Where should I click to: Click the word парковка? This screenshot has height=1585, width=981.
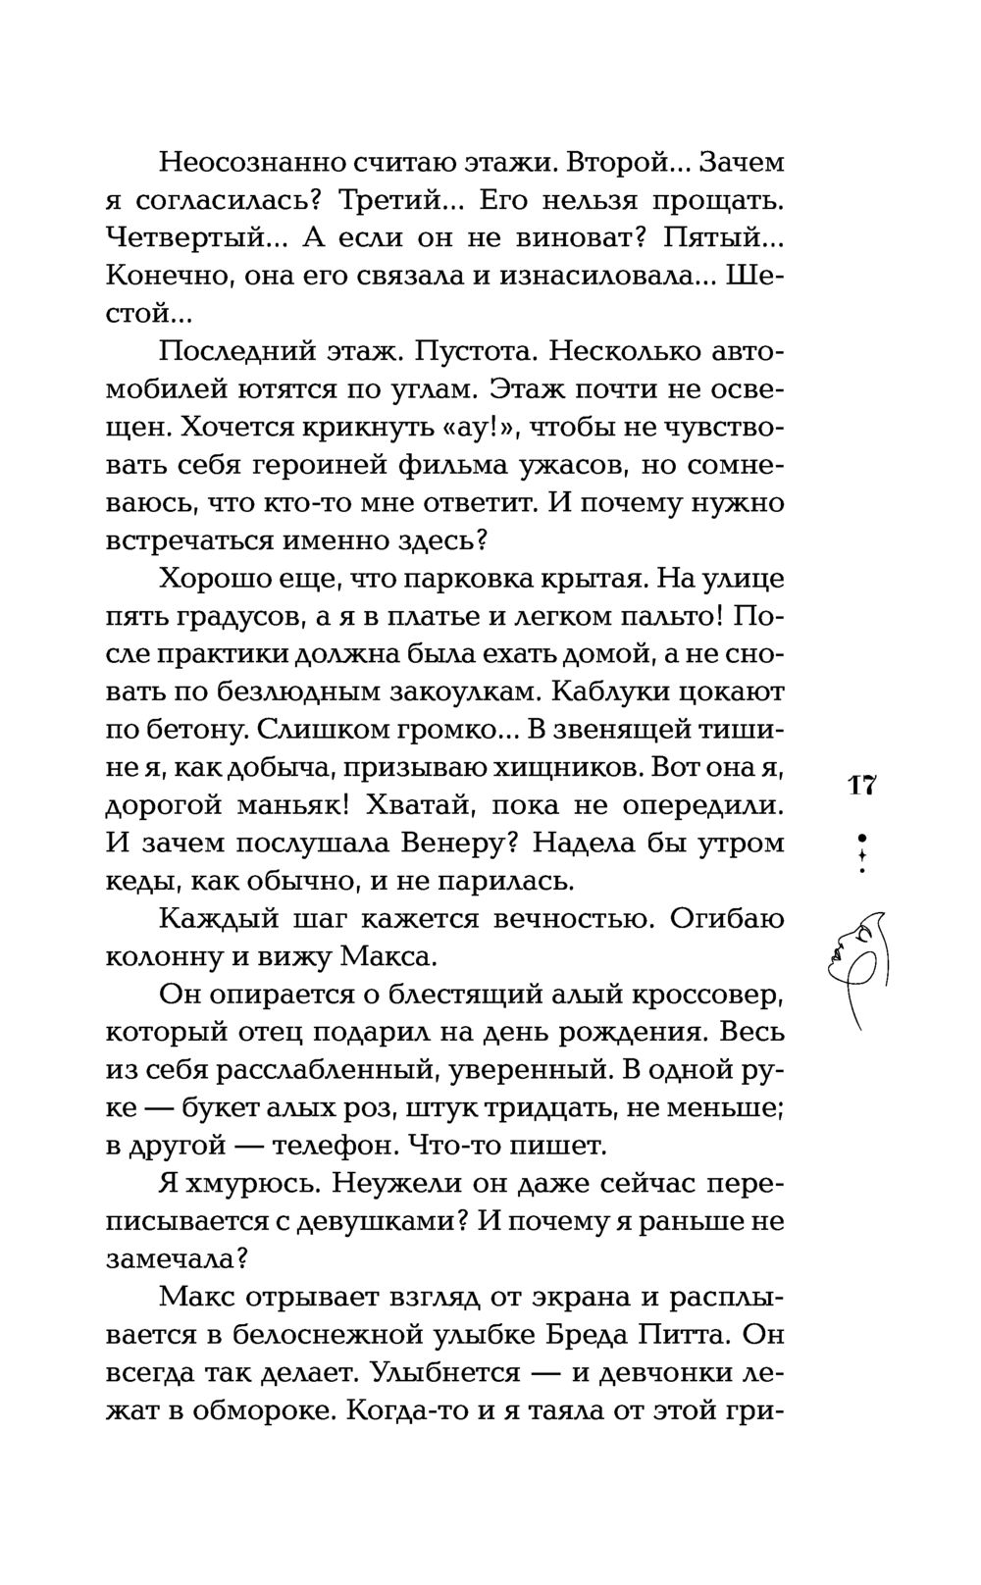[463, 579]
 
